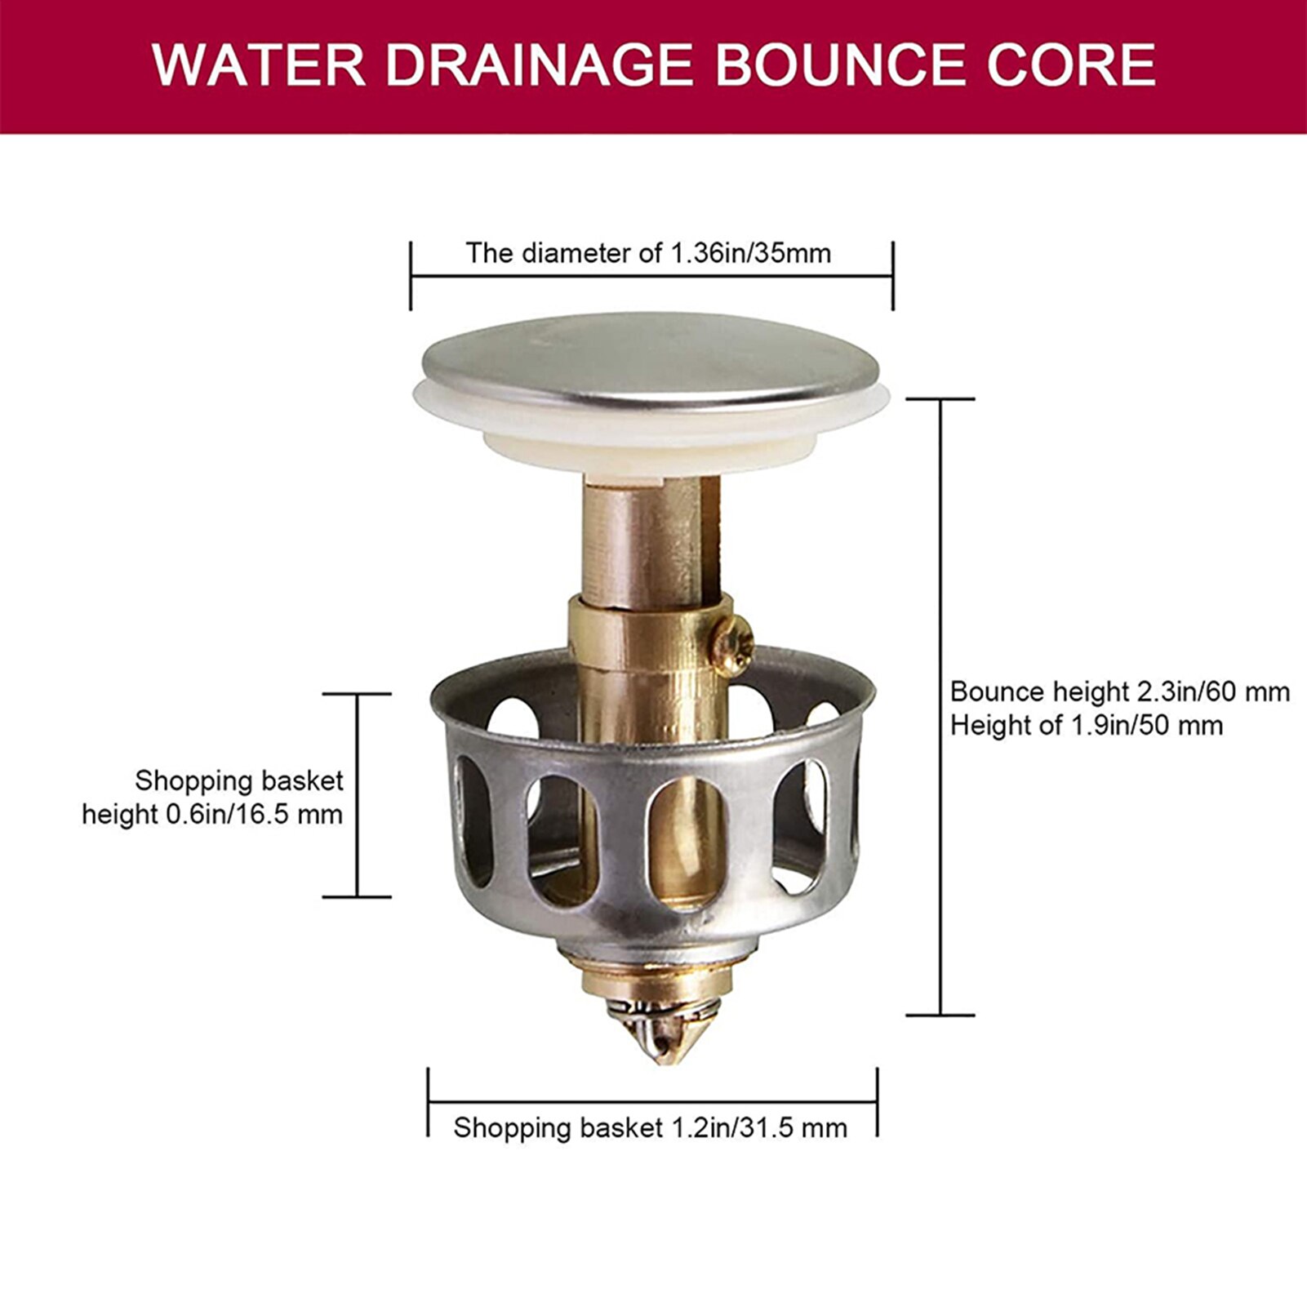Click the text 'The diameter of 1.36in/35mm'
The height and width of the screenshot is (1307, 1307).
[648, 253]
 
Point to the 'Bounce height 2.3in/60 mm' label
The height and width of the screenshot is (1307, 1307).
[1119, 692]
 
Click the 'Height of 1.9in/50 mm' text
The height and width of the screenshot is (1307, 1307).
[1086, 726]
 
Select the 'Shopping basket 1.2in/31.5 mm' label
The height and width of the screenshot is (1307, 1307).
[650, 1128]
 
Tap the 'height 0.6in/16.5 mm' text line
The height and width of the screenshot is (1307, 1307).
[212, 815]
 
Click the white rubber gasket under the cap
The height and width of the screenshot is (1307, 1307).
[653, 425]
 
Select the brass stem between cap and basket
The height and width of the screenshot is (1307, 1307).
[645, 539]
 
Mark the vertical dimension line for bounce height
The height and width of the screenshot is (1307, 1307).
[941, 707]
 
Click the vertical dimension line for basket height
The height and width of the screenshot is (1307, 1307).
[357, 796]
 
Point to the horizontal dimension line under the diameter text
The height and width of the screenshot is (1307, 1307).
[651, 277]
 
